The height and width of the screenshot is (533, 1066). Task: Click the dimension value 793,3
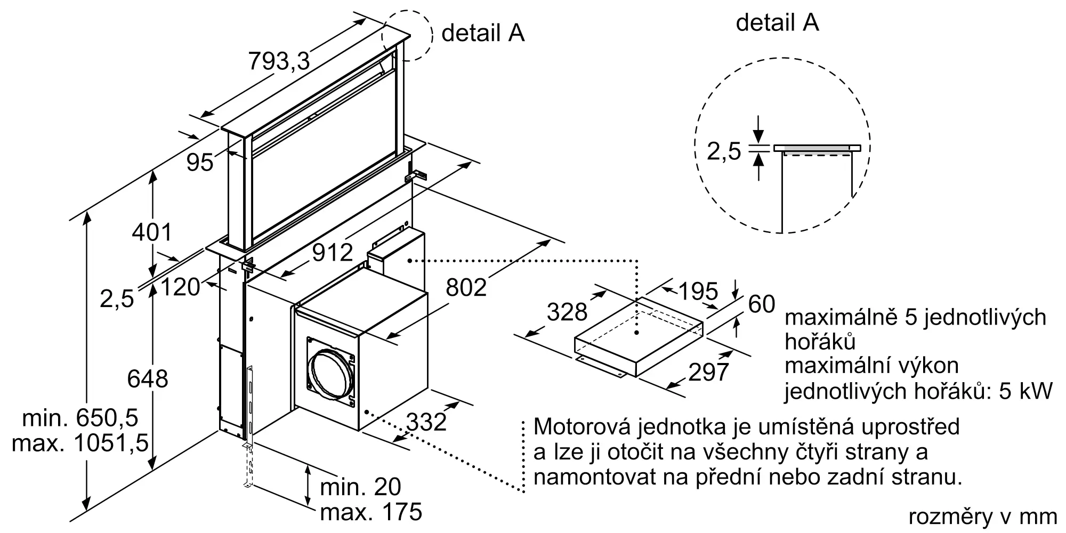coord(279,62)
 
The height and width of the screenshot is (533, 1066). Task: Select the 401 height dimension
coord(152,232)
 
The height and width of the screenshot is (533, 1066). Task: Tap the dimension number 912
coord(333,252)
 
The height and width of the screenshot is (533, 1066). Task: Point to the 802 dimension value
coord(466,288)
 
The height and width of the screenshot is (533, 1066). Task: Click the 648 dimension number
coord(148,379)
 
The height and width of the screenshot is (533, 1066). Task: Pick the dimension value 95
coord(200,163)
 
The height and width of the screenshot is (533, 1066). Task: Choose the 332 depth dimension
coord(426,422)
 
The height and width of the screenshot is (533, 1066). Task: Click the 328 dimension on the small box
coord(567,312)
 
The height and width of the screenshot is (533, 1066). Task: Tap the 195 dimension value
coord(698,291)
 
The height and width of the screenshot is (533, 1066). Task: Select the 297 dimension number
coord(708,372)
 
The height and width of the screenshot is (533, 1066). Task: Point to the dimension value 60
coord(762,304)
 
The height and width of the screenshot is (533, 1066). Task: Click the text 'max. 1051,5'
coord(80,443)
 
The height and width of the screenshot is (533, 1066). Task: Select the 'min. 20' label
coord(360,487)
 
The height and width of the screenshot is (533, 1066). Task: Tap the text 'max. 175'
coord(371,513)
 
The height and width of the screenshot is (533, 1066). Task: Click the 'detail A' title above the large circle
coord(777,22)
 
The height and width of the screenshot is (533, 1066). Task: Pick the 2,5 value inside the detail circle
coord(724,151)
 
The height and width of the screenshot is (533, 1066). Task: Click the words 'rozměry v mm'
coord(982,516)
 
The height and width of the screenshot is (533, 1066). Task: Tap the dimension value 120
coord(180,288)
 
